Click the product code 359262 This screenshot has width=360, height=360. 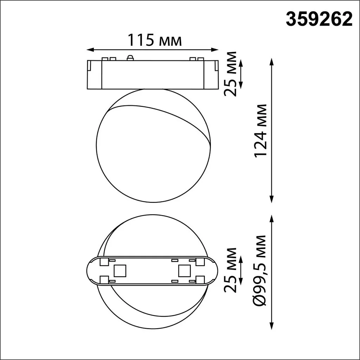319,20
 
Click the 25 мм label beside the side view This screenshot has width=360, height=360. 230,74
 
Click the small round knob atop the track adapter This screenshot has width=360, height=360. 130,58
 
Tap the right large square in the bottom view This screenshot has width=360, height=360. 184,270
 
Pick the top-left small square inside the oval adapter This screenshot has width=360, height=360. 104,262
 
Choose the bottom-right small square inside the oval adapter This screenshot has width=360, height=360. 200,279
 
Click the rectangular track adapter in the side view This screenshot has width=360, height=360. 153,74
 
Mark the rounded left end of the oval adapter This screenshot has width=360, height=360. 91,270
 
